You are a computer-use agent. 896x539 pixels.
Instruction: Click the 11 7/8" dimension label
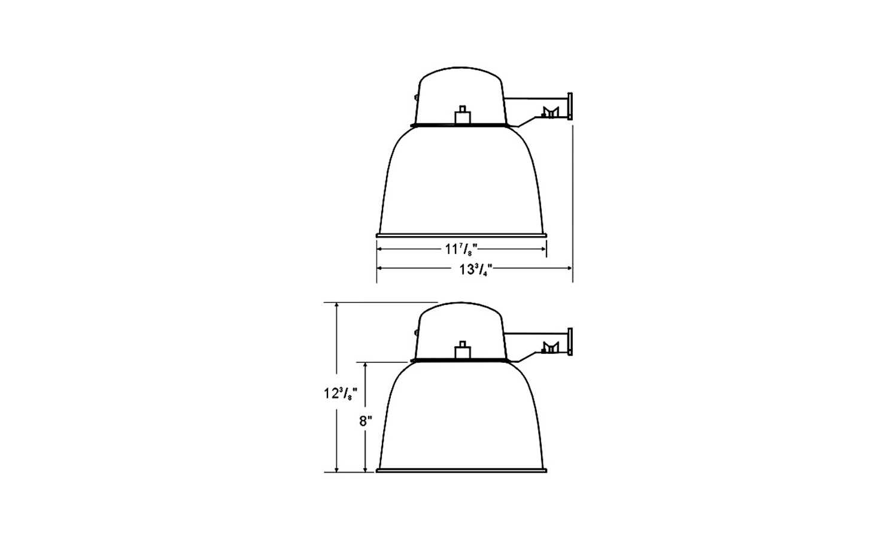point(461,250)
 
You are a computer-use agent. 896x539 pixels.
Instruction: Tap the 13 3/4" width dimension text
point(476,269)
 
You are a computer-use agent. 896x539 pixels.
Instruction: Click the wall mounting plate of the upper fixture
point(570,106)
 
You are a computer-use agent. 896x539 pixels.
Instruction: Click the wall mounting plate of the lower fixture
point(570,341)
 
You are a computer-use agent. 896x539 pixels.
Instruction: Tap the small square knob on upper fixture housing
point(463,115)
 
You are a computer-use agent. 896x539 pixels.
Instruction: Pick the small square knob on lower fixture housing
point(463,350)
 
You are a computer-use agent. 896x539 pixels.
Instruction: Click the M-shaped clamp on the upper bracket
point(550,113)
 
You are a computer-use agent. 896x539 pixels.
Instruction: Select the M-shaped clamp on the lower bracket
point(550,348)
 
